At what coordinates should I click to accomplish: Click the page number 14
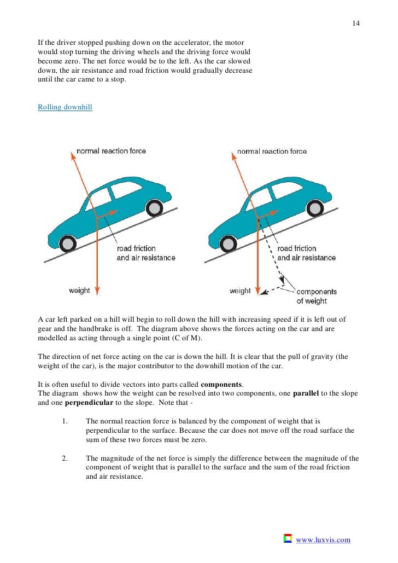coord(355,24)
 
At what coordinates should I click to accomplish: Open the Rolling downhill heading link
coord(65,107)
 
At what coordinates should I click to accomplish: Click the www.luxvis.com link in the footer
coord(323,540)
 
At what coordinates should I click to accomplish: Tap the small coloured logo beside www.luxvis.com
coord(288,539)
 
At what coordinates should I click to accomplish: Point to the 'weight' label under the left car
coord(79,291)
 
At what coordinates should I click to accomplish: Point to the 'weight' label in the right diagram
coord(240,291)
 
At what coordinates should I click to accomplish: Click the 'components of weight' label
coord(317,296)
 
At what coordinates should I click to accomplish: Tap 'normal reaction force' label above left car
coord(111,151)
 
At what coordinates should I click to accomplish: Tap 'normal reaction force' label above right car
coord(272,151)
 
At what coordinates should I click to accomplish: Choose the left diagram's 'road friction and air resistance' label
coord(146,253)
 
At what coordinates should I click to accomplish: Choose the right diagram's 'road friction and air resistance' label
coord(307,253)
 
